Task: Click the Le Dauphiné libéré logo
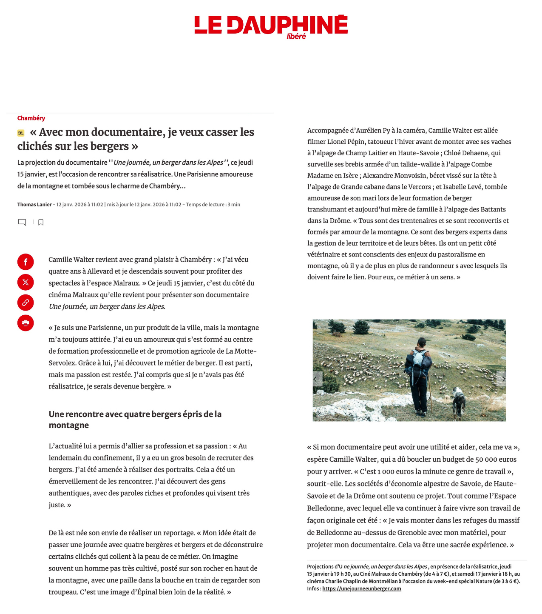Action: click(271, 26)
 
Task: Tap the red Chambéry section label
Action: click(31, 118)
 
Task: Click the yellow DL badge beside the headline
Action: click(21, 133)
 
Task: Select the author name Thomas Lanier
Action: click(34, 205)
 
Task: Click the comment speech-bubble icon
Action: click(22, 222)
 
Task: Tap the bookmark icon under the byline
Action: click(41, 222)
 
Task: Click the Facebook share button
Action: click(26, 262)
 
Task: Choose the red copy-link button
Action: click(26, 303)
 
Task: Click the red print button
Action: click(26, 323)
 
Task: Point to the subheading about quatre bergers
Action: click(135, 420)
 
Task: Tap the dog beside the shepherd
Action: click(458, 400)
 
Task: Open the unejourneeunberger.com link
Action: click(361, 588)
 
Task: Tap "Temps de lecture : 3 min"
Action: click(213, 205)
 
